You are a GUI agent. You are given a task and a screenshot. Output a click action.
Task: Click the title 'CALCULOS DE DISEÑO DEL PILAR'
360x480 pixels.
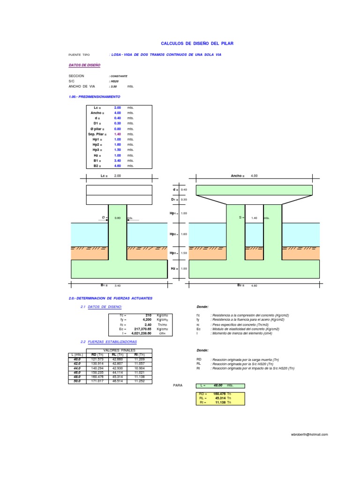[197, 43]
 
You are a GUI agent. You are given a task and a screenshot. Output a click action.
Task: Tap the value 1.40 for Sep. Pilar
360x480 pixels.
[118, 134]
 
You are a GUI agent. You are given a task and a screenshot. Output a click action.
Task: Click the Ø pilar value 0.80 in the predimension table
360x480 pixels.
[118, 128]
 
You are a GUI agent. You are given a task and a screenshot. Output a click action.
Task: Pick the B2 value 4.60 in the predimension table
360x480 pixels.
[118, 165]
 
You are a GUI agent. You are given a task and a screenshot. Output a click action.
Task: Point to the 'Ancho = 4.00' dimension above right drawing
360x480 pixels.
[244, 175]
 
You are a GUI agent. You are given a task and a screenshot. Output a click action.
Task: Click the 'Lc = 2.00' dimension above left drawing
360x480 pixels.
[111, 175]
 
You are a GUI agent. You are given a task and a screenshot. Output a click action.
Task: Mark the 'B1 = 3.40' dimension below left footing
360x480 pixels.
[111, 285]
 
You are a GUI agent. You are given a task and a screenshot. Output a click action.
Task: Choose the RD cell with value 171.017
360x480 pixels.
[97, 381]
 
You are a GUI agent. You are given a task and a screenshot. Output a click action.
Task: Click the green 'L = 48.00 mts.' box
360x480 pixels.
[219, 385]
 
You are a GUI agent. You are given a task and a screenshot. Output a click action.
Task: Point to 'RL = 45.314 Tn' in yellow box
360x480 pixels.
[219, 398]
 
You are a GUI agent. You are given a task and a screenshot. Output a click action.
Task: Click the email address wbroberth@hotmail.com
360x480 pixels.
[309, 435]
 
